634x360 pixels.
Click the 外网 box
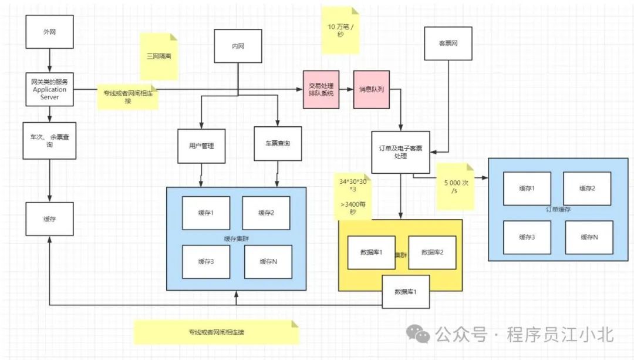(50, 32)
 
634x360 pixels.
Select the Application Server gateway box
(50, 89)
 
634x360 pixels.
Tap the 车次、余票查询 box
(50, 140)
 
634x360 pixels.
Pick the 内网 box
(238, 46)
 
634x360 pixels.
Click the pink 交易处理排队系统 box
(322, 90)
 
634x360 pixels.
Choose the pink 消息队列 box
(372, 90)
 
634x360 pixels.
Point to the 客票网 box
(448, 43)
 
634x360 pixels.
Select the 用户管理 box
(201, 146)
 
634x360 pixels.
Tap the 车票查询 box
(278, 143)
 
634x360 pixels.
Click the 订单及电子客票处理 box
(401, 152)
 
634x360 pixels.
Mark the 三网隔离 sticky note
(158, 56)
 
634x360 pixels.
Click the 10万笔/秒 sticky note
(340, 31)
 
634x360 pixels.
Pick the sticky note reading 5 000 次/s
(456, 186)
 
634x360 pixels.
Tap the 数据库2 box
(432, 253)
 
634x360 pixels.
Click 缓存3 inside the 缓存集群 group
(205, 261)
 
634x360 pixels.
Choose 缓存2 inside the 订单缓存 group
(587, 189)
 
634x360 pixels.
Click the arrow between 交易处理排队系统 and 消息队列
(346, 90)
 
